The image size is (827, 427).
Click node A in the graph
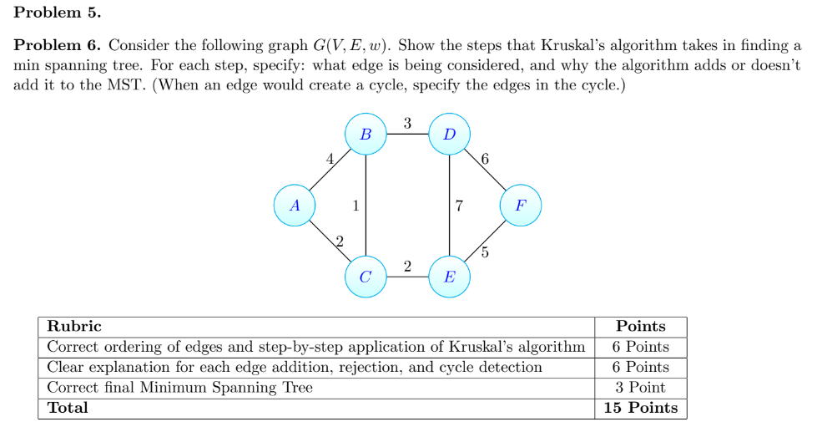coord(295,205)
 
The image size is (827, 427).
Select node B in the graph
coord(366,134)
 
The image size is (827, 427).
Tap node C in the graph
coord(366,277)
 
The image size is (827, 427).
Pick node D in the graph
coord(450,134)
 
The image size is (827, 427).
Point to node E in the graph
coord(450,277)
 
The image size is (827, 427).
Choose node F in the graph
coord(521,205)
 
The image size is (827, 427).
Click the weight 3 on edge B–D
coord(407,124)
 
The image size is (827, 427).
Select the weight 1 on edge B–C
coord(356,205)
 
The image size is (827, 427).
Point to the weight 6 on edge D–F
coord(486,158)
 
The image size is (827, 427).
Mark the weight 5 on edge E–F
coord(486,252)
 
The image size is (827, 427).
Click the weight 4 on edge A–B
coord(330,157)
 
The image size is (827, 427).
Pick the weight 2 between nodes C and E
coord(407,267)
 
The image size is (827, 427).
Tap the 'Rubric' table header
coord(74,326)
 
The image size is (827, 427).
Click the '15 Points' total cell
coord(640,408)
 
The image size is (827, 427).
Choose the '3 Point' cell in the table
coord(640,387)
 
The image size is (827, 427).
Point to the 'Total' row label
coord(68,408)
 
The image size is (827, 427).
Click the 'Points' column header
coord(640,326)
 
